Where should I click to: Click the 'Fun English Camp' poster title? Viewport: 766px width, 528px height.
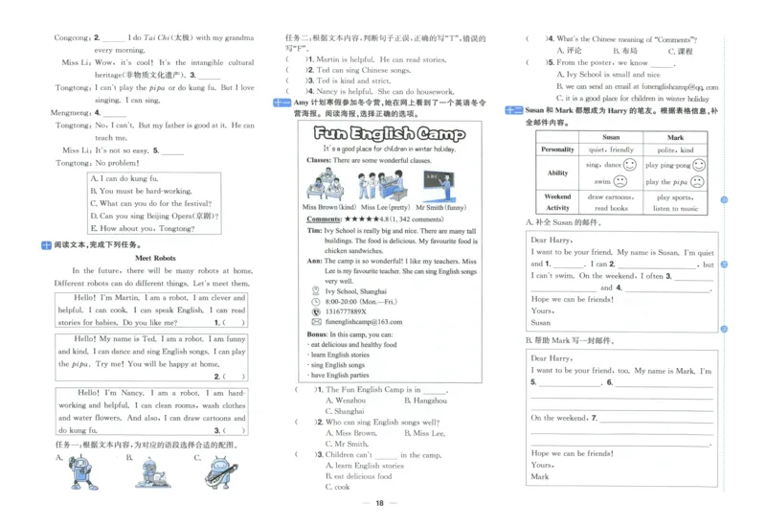click(389, 133)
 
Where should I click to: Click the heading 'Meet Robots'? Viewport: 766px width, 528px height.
click(155, 258)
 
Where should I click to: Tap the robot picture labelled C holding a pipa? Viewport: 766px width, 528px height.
click(219, 471)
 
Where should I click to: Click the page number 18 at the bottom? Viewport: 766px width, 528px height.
click(380, 503)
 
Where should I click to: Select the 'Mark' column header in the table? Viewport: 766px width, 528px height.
click(676, 137)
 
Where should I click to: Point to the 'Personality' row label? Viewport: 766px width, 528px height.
click(558, 149)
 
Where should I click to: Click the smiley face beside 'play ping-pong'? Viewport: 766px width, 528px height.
click(699, 165)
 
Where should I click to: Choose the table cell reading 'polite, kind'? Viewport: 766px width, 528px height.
click(676, 149)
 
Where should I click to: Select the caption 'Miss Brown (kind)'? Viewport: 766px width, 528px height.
click(329, 207)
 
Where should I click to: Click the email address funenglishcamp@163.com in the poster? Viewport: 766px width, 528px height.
click(364, 322)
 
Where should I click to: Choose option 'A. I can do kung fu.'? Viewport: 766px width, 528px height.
click(124, 178)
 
